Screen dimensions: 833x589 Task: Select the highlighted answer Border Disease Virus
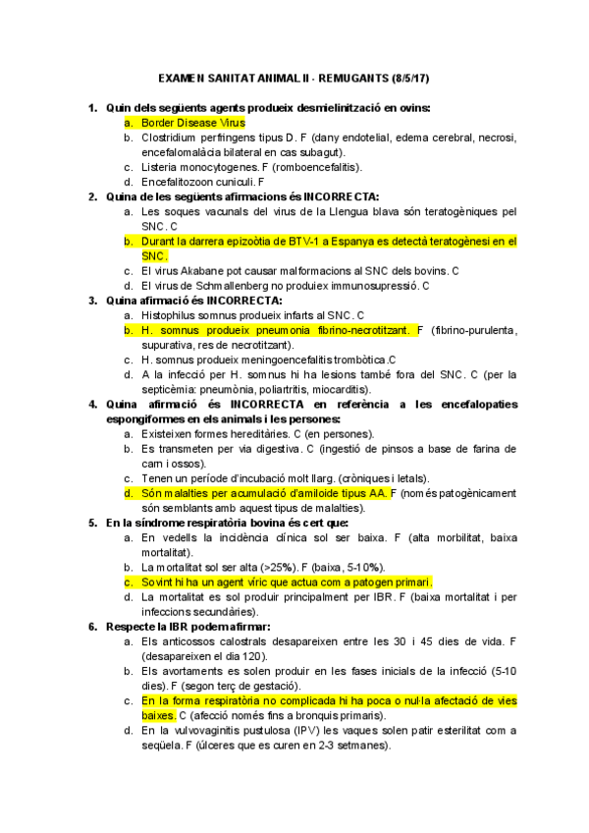point(192,123)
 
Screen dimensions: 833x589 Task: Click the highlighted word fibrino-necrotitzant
point(359,330)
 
